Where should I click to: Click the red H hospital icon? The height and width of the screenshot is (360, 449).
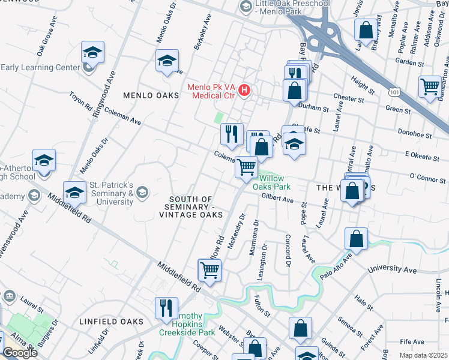(x=244, y=91)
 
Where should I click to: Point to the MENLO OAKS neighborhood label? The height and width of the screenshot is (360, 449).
(x=151, y=96)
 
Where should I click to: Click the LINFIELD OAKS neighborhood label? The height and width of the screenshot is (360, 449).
(x=112, y=322)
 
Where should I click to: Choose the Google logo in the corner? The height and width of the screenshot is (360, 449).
(x=20, y=353)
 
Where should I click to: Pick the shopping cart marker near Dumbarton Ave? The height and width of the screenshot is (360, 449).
(x=429, y=88)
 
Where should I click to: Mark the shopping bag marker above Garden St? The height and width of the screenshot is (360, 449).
(x=365, y=29)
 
